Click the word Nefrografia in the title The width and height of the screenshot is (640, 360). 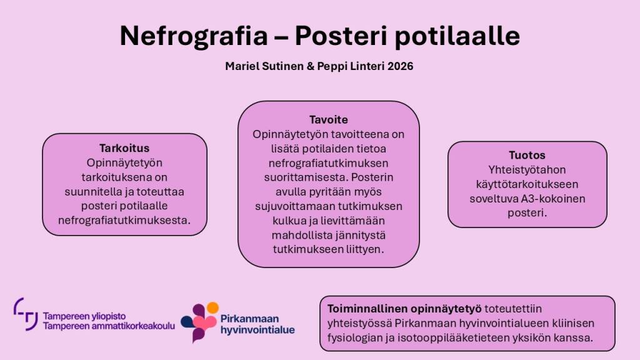pos(194,36)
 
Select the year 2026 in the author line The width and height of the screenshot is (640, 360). pos(401,66)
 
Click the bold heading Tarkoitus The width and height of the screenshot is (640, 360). pos(124,148)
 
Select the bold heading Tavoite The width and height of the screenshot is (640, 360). pos(329,119)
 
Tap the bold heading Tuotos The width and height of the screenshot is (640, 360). pos(527,155)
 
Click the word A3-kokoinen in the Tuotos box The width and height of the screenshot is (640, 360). pos(553,199)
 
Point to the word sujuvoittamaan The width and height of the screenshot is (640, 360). pos(295,206)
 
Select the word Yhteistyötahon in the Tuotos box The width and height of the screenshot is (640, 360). pos(527,170)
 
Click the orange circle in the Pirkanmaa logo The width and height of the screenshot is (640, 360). pos(212,307)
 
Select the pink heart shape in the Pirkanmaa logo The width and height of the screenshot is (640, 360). pos(204,323)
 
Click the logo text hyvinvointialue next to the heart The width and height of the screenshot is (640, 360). pos(257,330)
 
